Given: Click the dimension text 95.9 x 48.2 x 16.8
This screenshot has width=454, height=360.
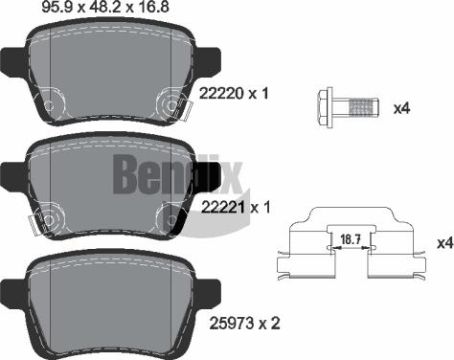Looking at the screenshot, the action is (x=105, y=7).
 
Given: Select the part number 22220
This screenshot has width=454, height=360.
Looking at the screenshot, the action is (x=222, y=94).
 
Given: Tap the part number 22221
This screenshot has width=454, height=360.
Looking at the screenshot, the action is (x=224, y=208).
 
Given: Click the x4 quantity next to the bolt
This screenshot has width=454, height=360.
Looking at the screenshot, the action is (x=401, y=109).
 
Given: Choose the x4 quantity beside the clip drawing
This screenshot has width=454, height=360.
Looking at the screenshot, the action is (x=445, y=243).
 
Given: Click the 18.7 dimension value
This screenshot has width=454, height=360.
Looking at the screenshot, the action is (x=351, y=239).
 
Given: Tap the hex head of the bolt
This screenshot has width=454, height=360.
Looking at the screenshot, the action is (x=325, y=105).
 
